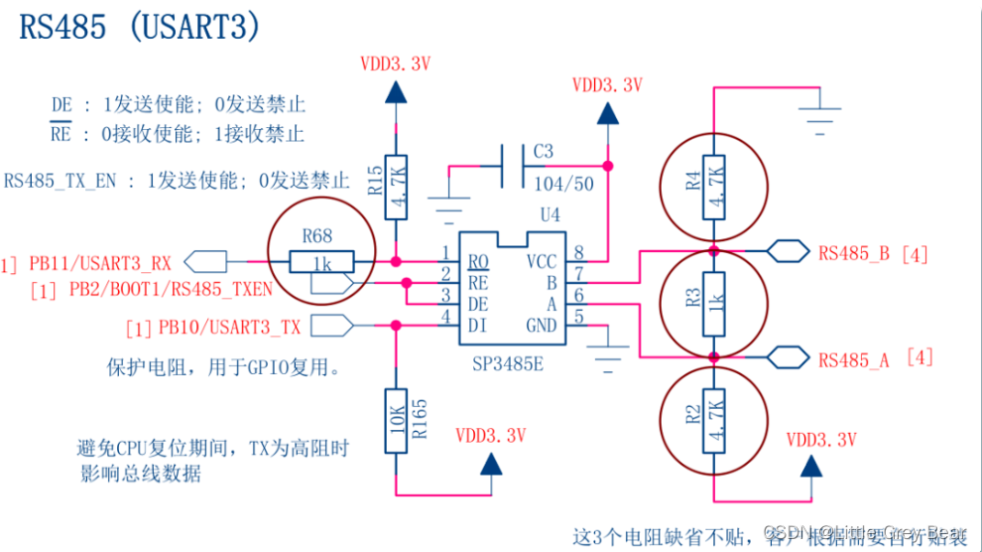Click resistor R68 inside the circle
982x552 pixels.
pos(320,261)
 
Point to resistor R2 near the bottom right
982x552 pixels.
pos(713,419)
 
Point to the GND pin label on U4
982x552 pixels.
pos(541,325)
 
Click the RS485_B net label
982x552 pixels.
pos(858,253)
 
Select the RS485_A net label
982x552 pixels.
pos(858,359)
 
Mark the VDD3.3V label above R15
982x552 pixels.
pos(396,65)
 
